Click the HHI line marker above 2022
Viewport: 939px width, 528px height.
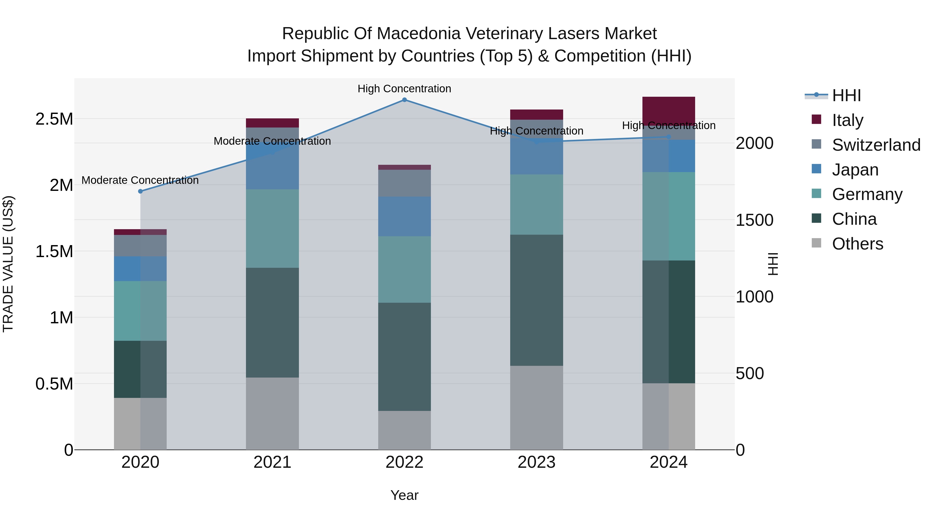tap(404, 100)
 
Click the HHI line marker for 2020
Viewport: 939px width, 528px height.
tap(140, 191)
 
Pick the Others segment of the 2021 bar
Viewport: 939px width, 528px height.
tap(272, 413)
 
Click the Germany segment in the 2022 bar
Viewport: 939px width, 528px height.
tap(404, 269)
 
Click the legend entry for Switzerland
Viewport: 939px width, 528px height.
tap(876, 145)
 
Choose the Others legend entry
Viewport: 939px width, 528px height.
tap(857, 244)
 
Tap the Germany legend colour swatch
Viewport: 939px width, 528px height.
tap(816, 193)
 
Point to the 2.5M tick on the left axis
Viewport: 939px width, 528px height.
tap(54, 119)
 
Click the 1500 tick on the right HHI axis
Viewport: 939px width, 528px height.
tap(754, 220)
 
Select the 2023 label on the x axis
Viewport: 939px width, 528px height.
tap(536, 462)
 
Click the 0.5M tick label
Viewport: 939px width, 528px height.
tap(54, 384)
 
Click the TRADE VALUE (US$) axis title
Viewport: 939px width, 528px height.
tap(8, 264)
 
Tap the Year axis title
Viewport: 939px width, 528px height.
tap(404, 495)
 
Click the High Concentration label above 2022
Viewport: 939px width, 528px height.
tap(404, 89)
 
